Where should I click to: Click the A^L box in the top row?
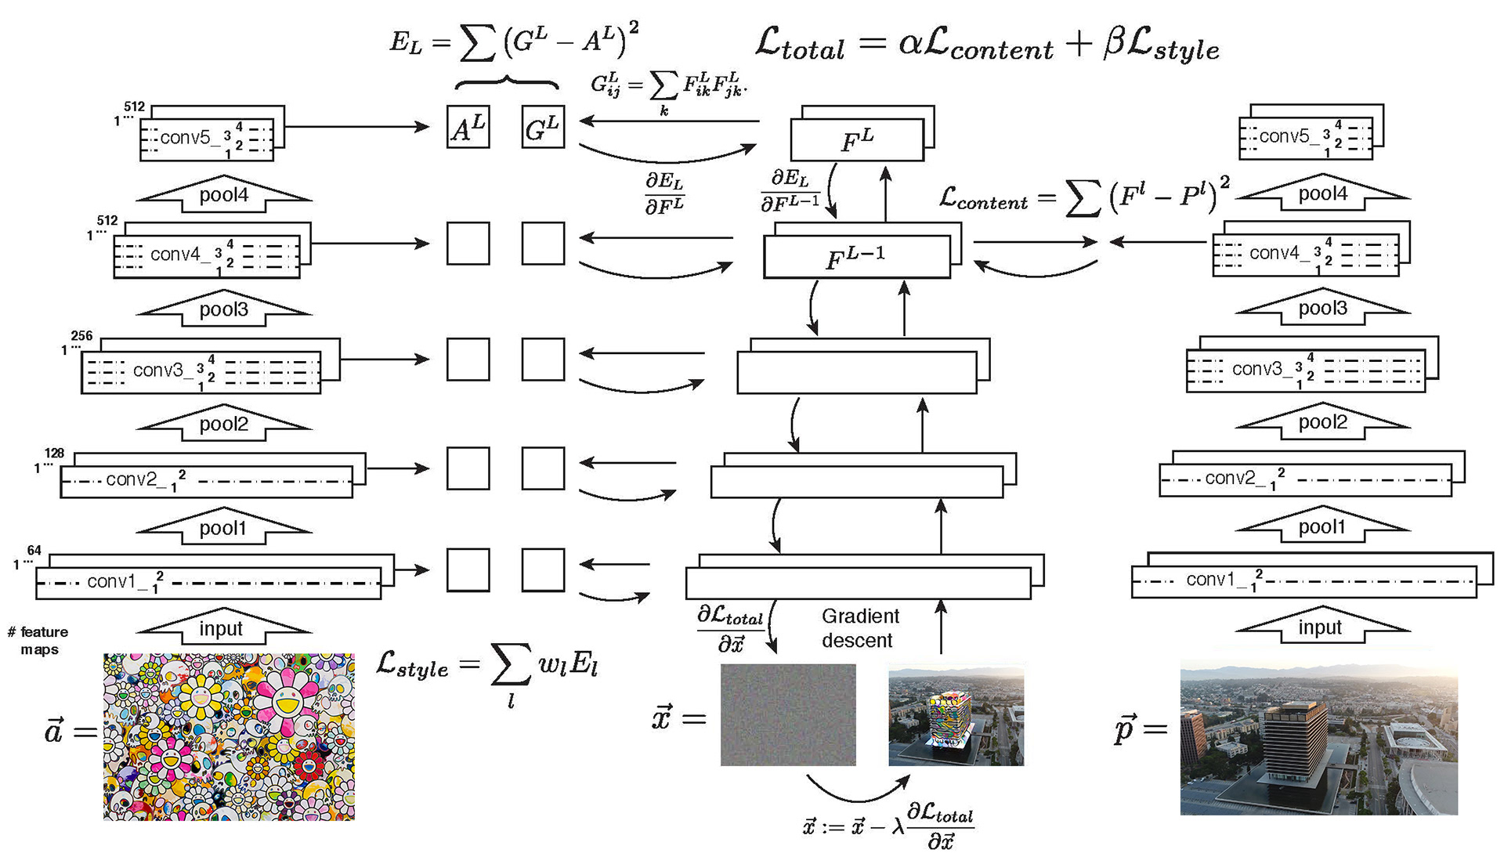pos(468,127)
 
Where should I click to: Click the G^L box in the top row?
pos(543,127)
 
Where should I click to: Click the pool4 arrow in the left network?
pos(224,194)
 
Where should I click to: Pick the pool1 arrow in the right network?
pos(1322,526)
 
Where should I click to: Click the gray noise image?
pos(788,714)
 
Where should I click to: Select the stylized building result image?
pos(956,714)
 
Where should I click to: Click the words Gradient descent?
pos(859,628)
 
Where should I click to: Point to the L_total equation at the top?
pos(987,45)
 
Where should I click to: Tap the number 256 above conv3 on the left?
pos(81,336)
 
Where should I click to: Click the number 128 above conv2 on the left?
pos(54,453)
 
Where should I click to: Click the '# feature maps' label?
pos(39,640)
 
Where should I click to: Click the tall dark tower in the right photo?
pos(1292,744)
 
